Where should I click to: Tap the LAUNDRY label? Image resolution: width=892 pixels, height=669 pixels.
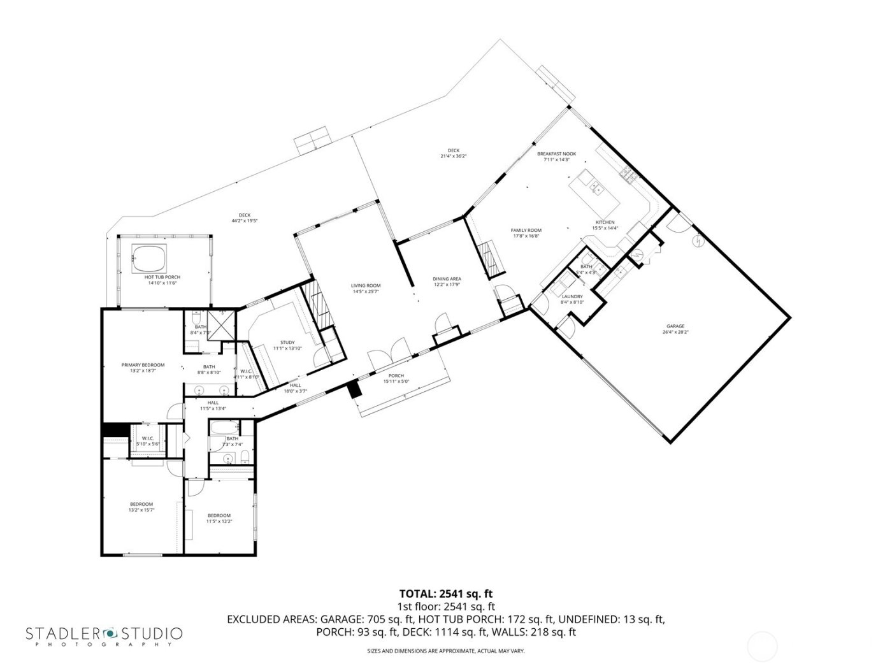pyautogui.click(x=572, y=296)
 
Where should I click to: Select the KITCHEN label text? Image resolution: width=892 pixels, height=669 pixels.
pyautogui.click(x=604, y=222)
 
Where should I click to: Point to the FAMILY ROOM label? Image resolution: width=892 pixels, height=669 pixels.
pyautogui.click(x=526, y=230)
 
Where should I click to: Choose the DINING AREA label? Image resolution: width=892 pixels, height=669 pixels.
pyautogui.click(x=447, y=279)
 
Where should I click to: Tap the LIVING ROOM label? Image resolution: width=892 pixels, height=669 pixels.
pyautogui.click(x=366, y=285)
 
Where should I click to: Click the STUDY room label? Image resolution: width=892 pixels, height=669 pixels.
pyautogui.click(x=287, y=342)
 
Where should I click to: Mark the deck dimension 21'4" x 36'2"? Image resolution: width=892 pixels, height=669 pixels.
pyautogui.click(x=453, y=156)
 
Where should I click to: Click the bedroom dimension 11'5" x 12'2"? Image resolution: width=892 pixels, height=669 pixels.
pyautogui.click(x=219, y=521)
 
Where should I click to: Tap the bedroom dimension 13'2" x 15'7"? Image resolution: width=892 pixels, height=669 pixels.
pyautogui.click(x=141, y=510)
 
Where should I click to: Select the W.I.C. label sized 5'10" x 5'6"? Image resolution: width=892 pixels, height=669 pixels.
pyautogui.click(x=147, y=443)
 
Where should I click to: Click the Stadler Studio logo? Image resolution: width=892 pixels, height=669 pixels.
pyautogui.click(x=104, y=635)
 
